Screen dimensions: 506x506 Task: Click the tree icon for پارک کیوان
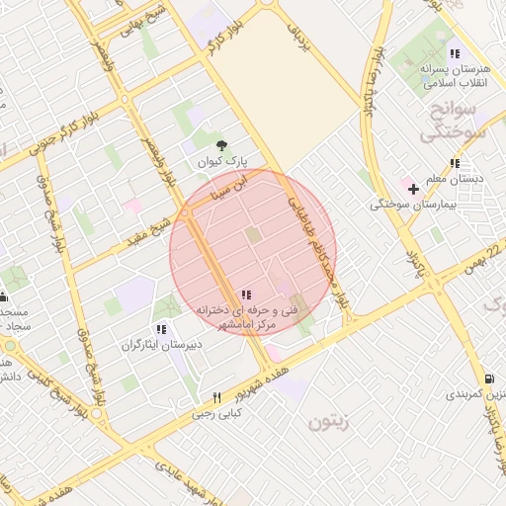219,144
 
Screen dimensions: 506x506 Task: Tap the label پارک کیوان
219,159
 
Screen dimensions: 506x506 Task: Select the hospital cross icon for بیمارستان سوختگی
413,188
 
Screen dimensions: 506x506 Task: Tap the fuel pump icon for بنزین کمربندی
490,379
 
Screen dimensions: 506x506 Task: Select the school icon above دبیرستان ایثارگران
161,329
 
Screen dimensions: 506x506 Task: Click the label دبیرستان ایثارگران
161,345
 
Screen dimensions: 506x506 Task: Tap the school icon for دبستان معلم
454,163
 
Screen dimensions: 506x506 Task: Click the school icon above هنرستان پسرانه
454,53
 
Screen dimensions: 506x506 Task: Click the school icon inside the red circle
245,295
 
